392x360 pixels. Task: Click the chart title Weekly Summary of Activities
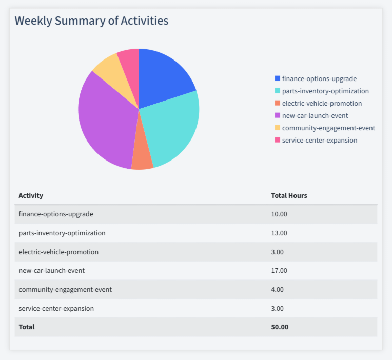[x=91, y=21]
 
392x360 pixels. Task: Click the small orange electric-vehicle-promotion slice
[x=142, y=159]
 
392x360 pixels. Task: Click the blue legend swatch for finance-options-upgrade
[x=278, y=78]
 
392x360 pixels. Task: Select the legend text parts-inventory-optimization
[x=325, y=91]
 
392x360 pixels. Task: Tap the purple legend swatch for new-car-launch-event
[x=278, y=115]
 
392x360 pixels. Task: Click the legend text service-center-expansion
[x=320, y=140]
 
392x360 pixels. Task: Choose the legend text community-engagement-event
[x=328, y=128]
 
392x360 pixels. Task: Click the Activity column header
[x=31, y=195]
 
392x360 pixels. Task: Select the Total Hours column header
[x=289, y=195]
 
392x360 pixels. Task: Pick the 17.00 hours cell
[x=279, y=270]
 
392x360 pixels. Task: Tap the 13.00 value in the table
[x=279, y=233]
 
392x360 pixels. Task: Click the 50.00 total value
[x=280, y=327]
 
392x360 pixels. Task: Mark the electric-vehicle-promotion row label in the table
[x=58, y=252]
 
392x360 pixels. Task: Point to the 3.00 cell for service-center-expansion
[x=277, y=308]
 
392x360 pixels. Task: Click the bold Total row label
[x=27, y=327]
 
